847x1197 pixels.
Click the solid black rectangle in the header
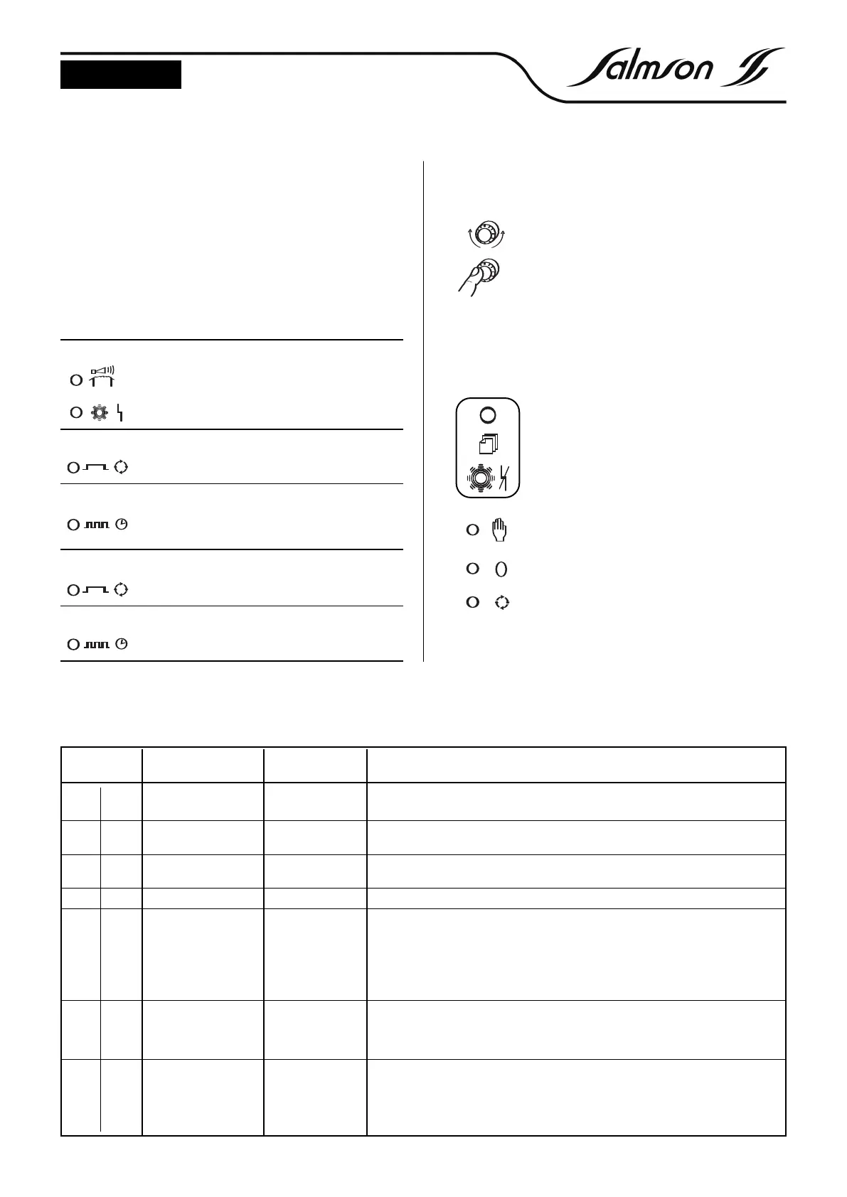point(121,75)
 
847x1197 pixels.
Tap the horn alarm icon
point(102,376)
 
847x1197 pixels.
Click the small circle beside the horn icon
point(75,381)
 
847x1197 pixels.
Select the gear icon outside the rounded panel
point(99,413)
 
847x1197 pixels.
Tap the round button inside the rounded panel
point(488,415)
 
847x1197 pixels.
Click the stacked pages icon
point(489,444)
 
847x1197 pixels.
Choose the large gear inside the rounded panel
point(480,478)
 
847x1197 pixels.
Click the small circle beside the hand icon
point(472,530)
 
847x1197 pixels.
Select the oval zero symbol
point(501,569)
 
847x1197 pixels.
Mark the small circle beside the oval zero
point(472,569)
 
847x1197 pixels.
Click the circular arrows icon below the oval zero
point(501,602)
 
